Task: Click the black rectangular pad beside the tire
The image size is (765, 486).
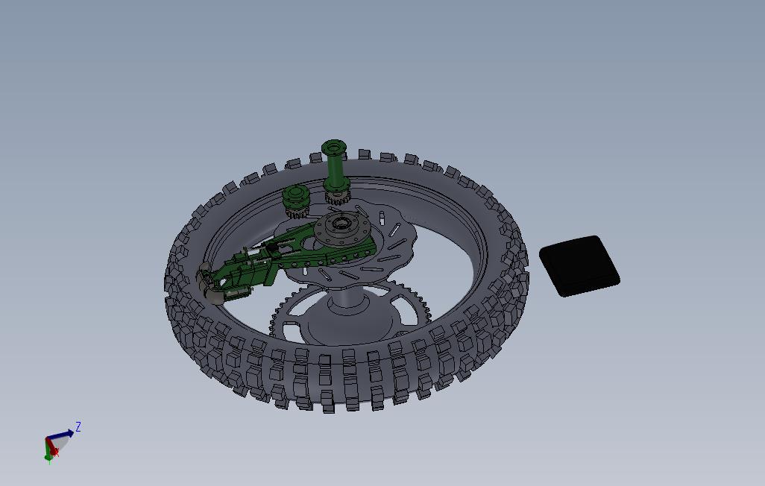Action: (579, 266)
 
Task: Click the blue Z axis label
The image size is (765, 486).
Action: (78, 427)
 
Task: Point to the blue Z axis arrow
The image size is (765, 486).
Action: (63, 435)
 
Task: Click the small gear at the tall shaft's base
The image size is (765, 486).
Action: (338, 198)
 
